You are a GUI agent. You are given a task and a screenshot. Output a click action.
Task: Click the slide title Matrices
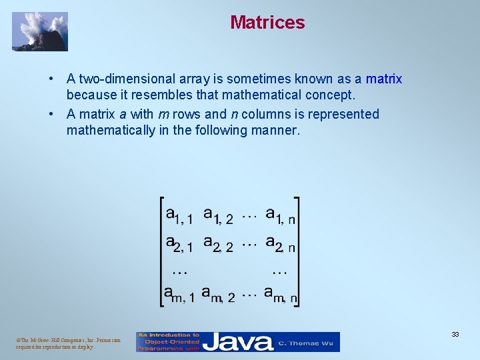[267, 22]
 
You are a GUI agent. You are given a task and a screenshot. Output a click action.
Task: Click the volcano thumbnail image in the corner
[40, 31]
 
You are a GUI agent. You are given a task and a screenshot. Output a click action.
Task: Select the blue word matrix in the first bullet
[384, 79]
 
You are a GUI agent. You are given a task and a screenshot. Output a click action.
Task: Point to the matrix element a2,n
[281, 243]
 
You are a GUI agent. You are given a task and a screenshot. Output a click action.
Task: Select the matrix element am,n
[281, 294]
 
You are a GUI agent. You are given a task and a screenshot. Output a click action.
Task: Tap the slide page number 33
[455, 334]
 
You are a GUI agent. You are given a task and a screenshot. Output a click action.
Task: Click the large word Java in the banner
[238, 342]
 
